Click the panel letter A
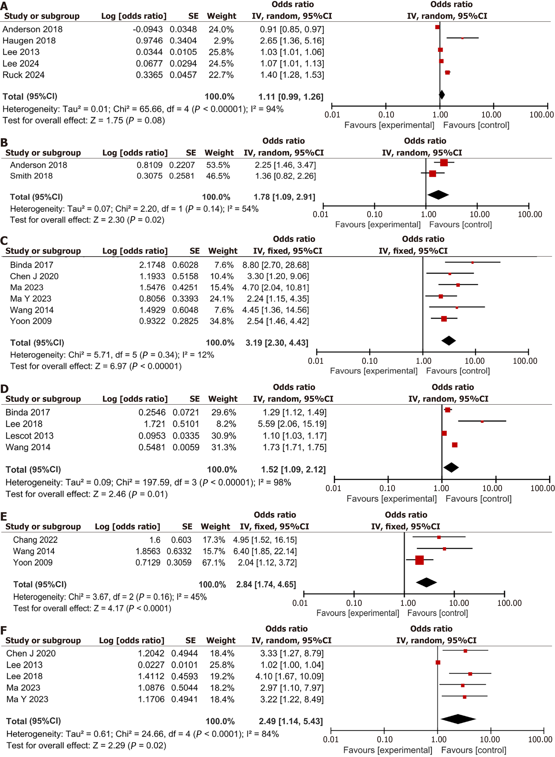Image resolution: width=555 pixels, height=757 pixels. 4,6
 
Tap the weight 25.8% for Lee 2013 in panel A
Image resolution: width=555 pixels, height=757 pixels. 221,52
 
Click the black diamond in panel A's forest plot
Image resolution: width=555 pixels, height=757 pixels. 442,95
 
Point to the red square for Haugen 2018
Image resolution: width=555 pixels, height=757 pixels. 462,38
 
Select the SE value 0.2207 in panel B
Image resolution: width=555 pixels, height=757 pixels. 182,165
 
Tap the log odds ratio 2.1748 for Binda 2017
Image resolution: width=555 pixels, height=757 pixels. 152,265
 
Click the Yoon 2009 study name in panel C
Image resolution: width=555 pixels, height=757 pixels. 31,321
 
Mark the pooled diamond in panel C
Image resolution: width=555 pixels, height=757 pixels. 449,341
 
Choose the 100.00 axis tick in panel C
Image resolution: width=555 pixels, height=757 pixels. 525,361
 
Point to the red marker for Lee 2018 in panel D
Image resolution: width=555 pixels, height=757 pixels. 482,421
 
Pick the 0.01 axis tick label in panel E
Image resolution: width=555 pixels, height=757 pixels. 300,603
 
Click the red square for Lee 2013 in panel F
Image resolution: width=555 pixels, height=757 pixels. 438,662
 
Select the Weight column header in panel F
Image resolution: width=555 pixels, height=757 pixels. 221,640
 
